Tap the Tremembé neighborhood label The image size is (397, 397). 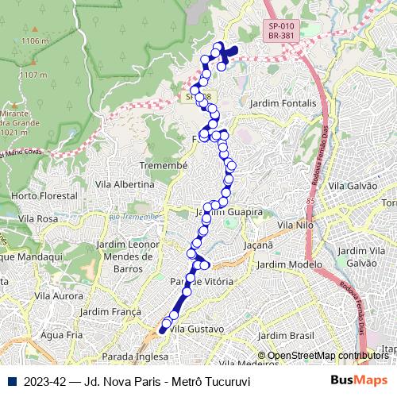[x=163, y=165]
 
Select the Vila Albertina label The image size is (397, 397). [x=124, y=184]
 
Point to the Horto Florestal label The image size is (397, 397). [x=44, y=195]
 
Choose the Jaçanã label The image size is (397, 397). [x=259, y=246]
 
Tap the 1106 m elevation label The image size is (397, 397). [x=35, y=40]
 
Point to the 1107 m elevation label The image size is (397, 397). [x=33, y=75]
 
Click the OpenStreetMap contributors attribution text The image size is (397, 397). [x=328, y=356]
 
